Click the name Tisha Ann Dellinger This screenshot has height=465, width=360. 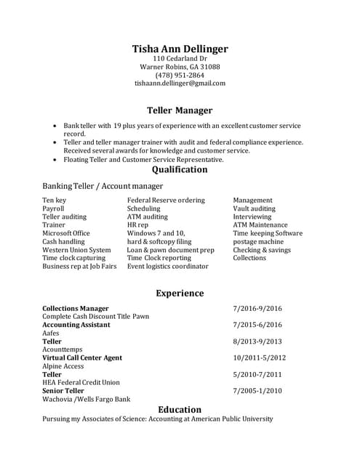(180, 49)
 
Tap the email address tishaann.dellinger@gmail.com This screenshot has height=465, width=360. (180, 84)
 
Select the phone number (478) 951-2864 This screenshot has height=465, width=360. (180, 75)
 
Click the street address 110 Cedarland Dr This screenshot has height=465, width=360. (180, 58)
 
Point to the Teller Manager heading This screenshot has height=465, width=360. (180, 110)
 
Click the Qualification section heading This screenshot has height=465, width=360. (180, 170)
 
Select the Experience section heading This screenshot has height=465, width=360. (180, 294)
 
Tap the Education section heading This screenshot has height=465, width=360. (180, 409)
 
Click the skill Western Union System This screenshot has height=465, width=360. (76, 250)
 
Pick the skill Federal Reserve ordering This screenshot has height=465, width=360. (166, 200)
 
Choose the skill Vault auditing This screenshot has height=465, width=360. (255, 209)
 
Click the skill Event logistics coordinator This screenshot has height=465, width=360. (167, 267)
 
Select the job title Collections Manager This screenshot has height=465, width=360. (76, 309)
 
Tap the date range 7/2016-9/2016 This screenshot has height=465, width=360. (257, 309)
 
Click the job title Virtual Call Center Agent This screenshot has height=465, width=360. (82, 358)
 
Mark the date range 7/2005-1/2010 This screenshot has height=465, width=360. (257, 391)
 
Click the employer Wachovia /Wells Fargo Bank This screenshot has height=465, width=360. (86, 400)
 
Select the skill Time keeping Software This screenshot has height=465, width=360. (268, 233)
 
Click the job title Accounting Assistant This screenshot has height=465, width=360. (76, 325)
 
